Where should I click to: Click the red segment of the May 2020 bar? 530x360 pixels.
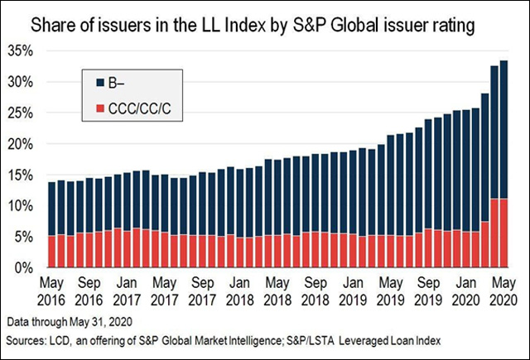coord(503,233)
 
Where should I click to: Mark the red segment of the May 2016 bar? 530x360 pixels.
coord(51,252)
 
